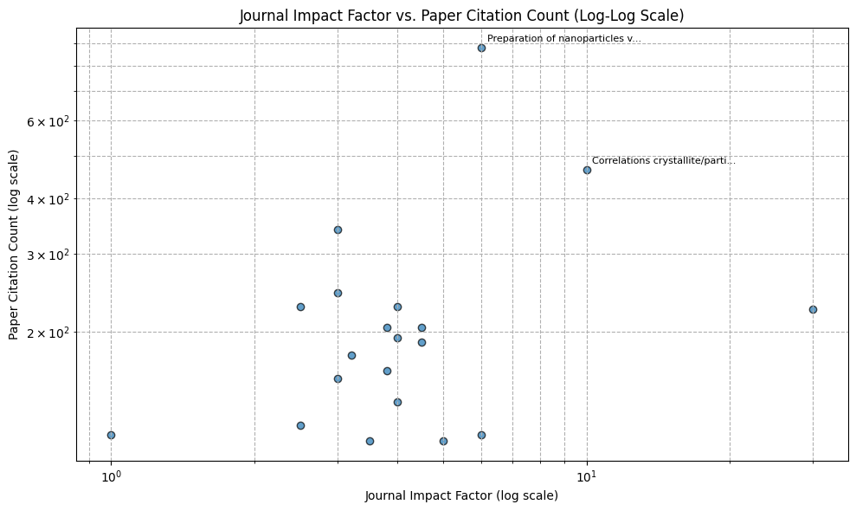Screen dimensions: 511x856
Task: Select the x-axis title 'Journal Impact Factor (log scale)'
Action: (x=461, y=495)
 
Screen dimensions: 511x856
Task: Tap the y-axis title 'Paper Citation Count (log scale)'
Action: (x=15, y=244)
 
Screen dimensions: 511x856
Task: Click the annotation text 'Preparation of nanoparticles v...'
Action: (x=564, y=39)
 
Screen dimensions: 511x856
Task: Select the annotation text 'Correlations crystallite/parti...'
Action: (x=664, y=160)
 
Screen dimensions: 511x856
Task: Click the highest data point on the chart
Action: (x=481, y=48)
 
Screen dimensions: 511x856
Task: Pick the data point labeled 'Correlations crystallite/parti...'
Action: (x=587, y=170)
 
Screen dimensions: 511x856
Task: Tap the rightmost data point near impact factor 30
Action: (x=813, y=309)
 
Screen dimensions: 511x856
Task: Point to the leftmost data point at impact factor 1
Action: (x=111, y=435)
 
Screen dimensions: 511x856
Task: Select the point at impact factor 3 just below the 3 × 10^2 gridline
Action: (x=338, y=230)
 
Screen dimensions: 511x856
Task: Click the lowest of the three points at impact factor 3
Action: (x=338, y=378)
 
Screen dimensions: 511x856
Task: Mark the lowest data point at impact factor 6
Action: (x=481, y=435)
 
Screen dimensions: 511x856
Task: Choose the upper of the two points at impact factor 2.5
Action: (x=300, y=307)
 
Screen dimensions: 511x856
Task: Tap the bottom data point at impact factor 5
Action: (x=443, y=441)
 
